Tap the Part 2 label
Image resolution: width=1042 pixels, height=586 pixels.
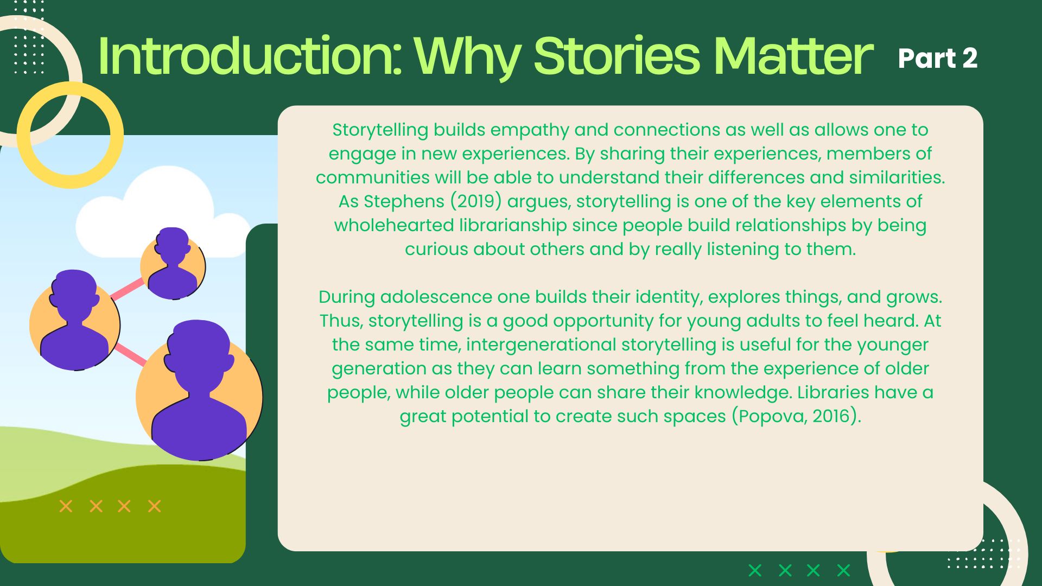coord(937,58)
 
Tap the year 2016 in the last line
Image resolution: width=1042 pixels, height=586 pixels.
coord(830,416)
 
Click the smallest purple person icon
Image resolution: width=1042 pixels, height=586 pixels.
coord(173,263)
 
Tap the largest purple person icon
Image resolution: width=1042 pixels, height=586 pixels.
coord(199,391)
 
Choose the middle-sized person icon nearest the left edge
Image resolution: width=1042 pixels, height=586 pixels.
coord(75,321)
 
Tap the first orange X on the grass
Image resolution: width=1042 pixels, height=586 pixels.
coord(66,506)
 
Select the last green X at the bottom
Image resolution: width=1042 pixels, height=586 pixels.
coord(843,570)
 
